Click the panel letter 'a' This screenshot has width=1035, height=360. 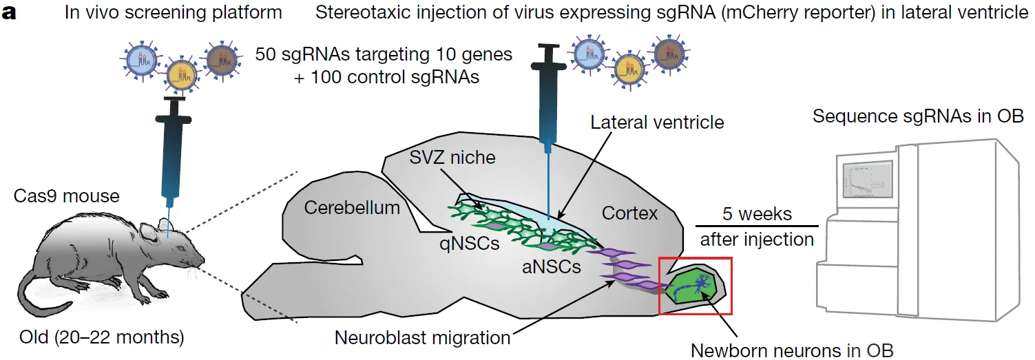coord(10,13)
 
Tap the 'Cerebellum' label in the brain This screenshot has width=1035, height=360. coord(352,207)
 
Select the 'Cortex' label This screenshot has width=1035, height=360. coord(630,213)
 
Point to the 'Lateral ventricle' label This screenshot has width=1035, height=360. coord(657,123)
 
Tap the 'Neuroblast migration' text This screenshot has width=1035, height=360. coord(422,338)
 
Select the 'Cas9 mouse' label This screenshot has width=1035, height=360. coord(66,196)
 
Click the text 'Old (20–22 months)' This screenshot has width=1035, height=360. coord(102,338)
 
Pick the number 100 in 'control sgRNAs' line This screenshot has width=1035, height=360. coord(326,76)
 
